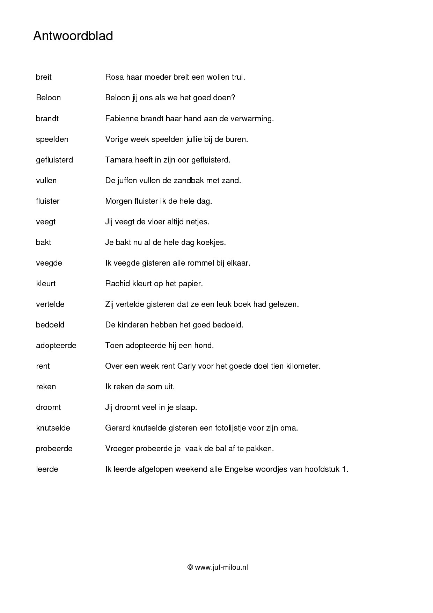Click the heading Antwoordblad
coord(73,36)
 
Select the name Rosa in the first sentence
coord(115,77)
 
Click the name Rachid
coord(117,283)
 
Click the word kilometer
coord(303,366)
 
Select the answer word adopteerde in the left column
coord(56,345)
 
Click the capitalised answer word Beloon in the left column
coord(48,98)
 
